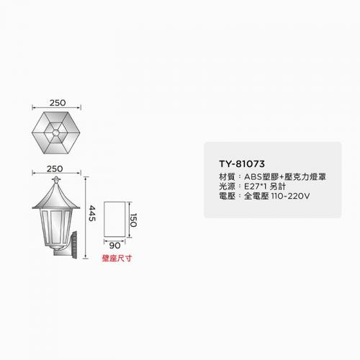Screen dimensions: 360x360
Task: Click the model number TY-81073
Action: point(242,164)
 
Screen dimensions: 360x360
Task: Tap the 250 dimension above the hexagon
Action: point(58,103)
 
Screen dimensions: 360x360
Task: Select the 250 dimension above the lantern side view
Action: point(55,168)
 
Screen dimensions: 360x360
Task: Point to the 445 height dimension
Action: point(92,213)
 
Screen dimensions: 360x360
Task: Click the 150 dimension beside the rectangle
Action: point(133,220)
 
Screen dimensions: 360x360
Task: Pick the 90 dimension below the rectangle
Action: point(114,246)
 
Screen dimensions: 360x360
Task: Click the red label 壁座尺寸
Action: point(117,258)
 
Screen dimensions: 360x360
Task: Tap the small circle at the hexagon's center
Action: point(55,132)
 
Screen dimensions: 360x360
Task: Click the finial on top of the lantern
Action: point(56,179)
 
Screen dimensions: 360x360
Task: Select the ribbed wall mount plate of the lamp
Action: point(74,245)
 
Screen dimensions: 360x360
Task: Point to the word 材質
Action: point(227,177)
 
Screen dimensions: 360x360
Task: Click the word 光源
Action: point(227,186)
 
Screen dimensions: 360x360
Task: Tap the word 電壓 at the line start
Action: point(227,196)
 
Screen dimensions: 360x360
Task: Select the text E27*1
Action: point(256,186)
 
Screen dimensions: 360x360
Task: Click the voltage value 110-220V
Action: point(290,196)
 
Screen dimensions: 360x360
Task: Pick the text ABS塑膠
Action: point(261,177)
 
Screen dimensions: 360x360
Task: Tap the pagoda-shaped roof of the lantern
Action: point(56,196)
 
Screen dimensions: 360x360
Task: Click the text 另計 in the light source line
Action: point(278,186)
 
